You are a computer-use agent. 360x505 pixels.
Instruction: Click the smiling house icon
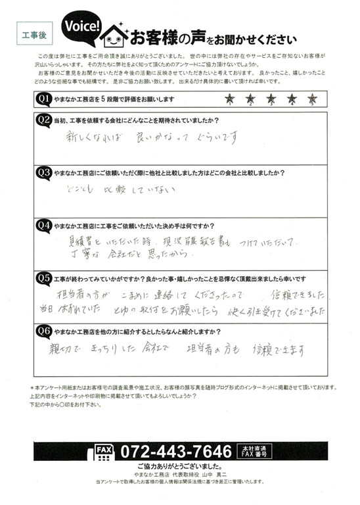click(116, 35)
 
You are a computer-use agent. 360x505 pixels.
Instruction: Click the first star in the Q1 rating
click(229, 99)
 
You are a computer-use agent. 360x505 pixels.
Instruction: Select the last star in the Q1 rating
click(312, 99)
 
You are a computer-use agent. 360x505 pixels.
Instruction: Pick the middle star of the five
click(271, 99)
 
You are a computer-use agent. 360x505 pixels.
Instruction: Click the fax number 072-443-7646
click(174, 452)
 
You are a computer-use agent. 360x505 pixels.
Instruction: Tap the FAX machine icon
click(104, 452)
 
